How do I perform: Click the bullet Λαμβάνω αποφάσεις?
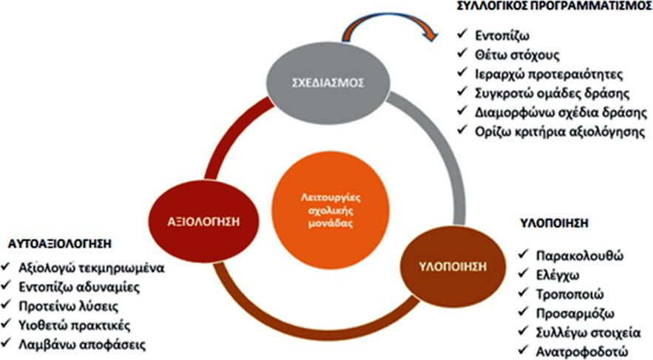coord(82,344)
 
